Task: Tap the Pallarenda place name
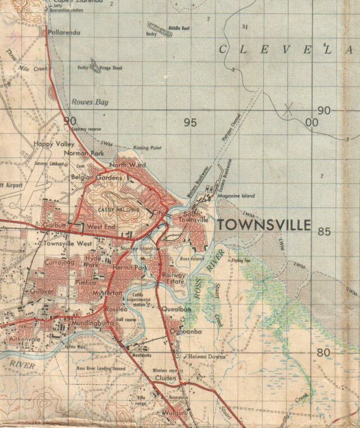click(65, 33)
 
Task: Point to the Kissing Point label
click(147, 147)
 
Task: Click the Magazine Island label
click(236, 196)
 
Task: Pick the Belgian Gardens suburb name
click(96, 178)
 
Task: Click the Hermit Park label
click(129, 268)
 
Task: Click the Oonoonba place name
click(186, 332)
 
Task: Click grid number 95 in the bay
click(190, 122)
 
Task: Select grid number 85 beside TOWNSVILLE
click(323, 231)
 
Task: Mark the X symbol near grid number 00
click(288, 110)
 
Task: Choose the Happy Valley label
click(53, 144)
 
